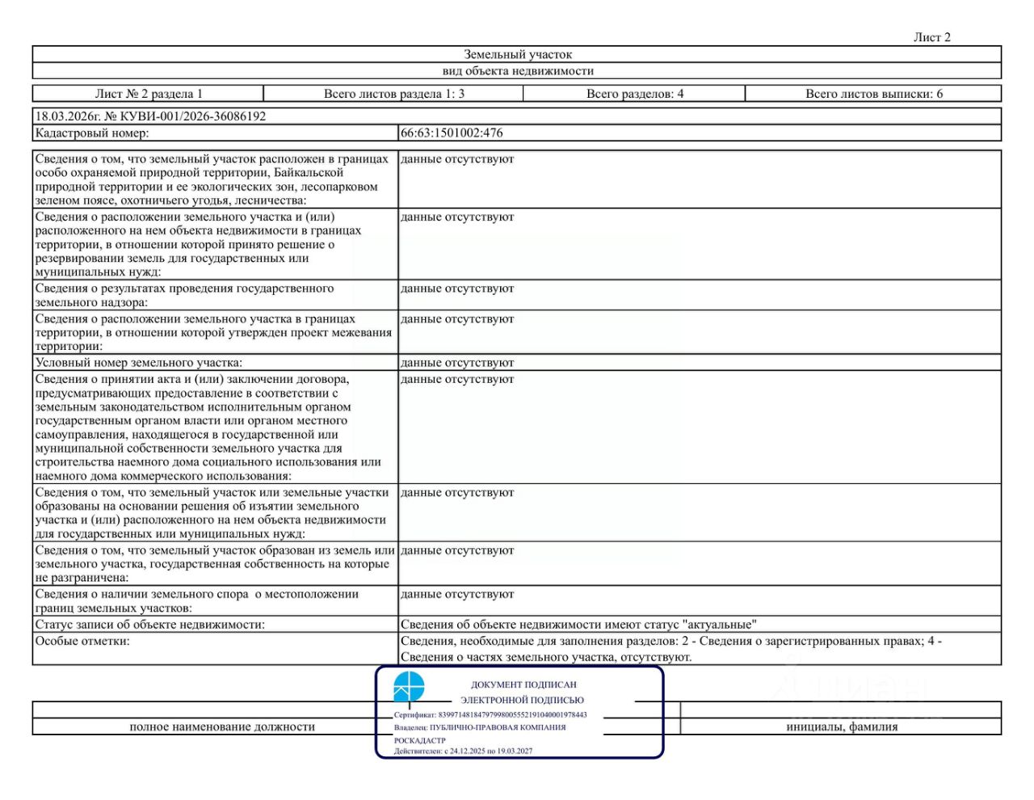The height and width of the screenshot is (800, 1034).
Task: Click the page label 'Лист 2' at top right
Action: [x=931, y=37]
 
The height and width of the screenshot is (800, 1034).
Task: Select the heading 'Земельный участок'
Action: [x=517, y=55]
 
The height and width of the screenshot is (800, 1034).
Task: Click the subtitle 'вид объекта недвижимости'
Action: [x=517, y=71]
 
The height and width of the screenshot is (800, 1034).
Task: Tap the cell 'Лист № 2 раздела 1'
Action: [x=149, y=94]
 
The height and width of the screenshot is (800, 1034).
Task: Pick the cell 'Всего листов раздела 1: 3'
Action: [x=393, y=94]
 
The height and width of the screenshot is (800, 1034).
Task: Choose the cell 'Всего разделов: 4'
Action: [x=634, y=94]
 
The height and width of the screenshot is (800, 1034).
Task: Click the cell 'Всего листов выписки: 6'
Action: [x=873, y=94]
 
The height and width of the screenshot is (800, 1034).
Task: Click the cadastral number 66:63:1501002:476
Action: [x=452, y=133]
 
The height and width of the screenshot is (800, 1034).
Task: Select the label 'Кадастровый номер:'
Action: [x=92, y=133]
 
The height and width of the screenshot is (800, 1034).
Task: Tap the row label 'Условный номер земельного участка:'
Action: [x=138, y=363]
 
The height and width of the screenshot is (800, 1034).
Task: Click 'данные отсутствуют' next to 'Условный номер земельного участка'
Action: [x=457, y=363]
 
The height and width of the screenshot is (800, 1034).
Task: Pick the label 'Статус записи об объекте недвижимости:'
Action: [x=149, y=625]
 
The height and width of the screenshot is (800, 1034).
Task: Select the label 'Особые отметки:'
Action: [x=82, y=641]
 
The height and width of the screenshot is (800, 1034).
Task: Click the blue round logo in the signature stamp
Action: [x=409, y=687]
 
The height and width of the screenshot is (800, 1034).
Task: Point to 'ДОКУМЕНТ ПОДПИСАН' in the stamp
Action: [x=523, y=684]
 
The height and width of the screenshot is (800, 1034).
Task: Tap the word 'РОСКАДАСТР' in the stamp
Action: [x=419, y=740]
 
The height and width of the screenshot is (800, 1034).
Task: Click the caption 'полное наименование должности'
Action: [x=222, y=726]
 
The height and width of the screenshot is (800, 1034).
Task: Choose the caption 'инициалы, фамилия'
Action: [x=842, y=726]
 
